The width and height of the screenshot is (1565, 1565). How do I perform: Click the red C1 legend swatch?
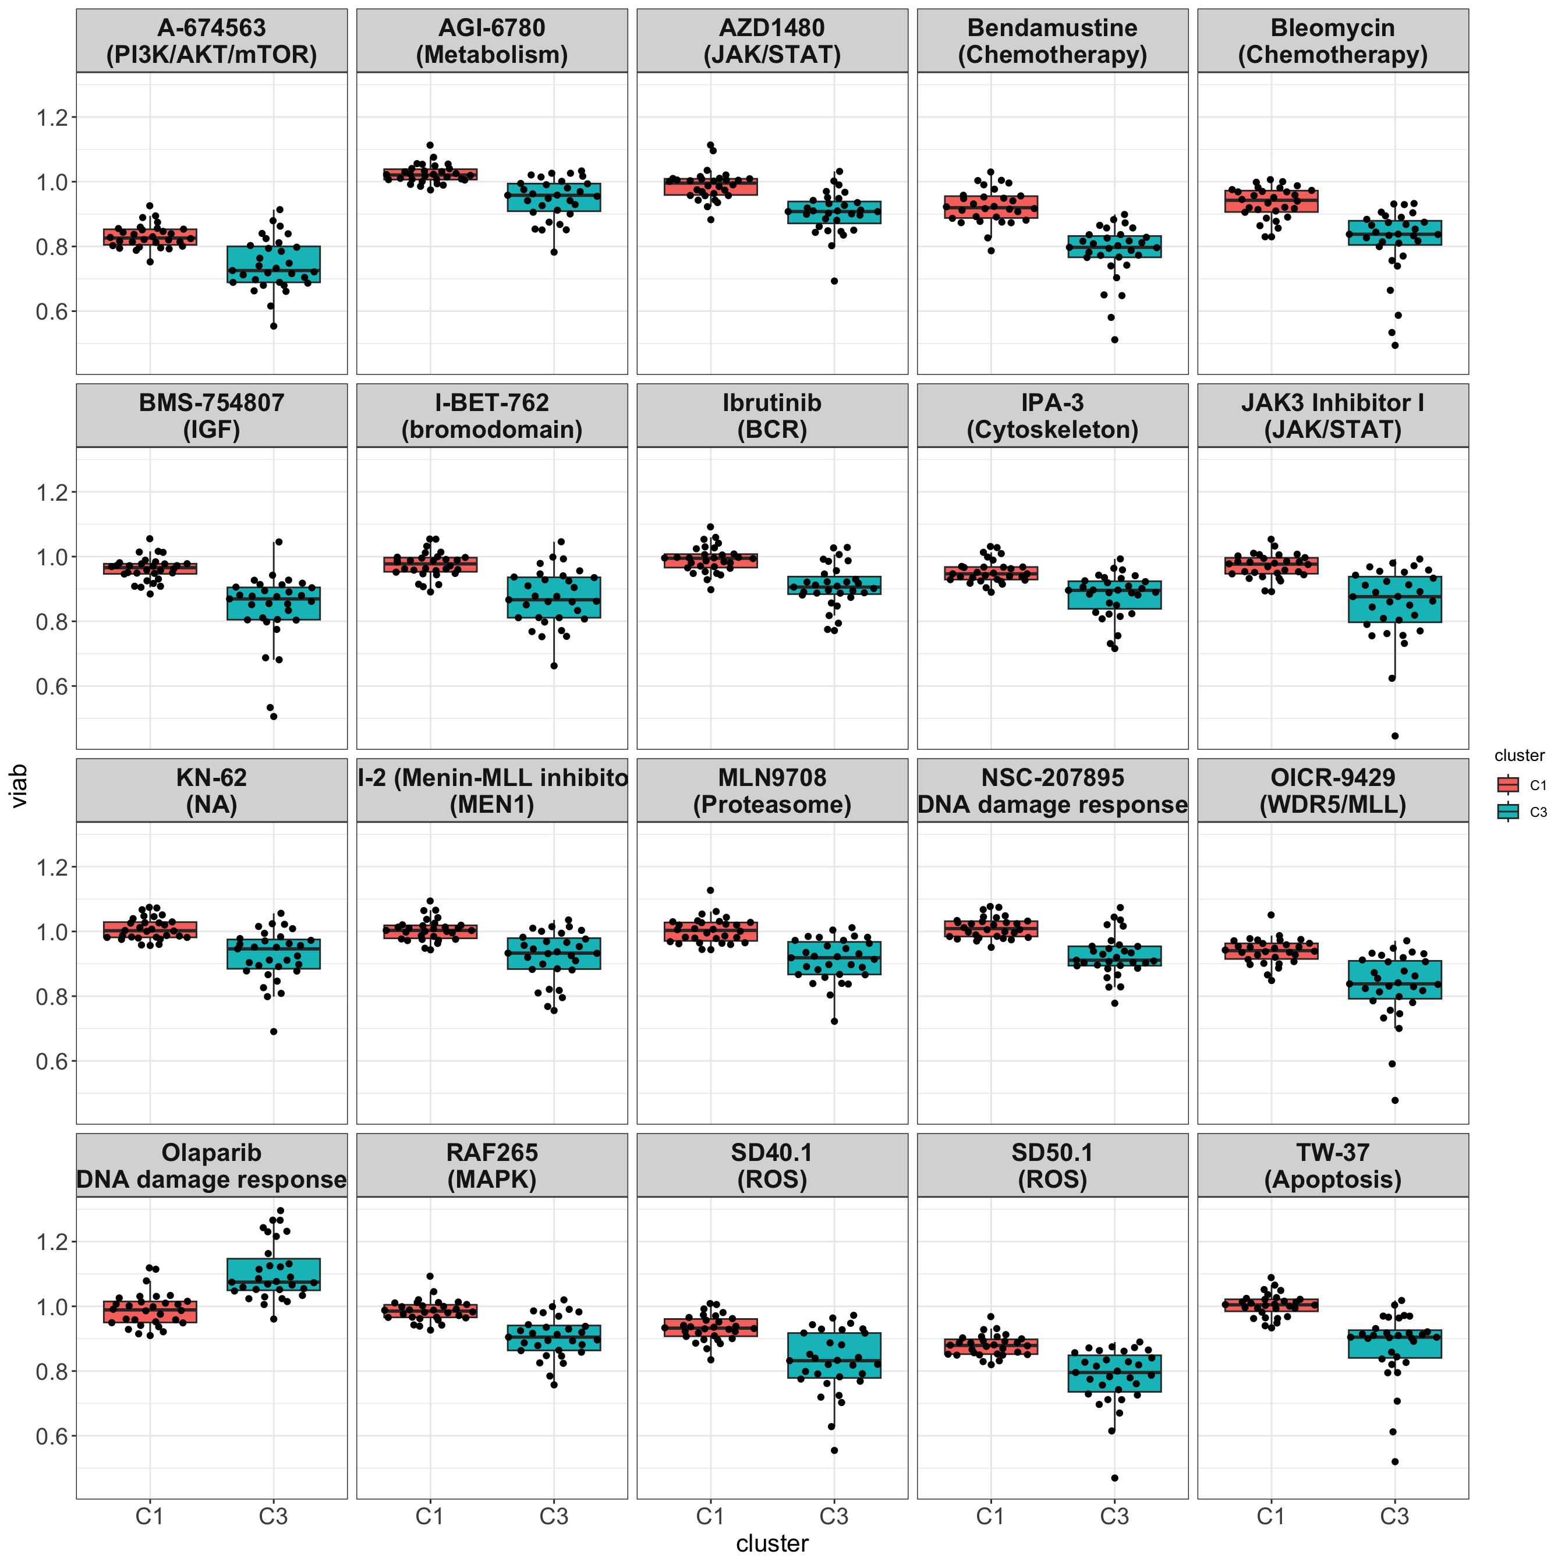pos(1507,784)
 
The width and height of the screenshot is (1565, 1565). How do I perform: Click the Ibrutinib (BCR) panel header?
pos(772,416)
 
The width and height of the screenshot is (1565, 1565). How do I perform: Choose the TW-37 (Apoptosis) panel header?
pos(1333,1165)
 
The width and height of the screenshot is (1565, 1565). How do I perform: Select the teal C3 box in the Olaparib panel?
pos(273,1273)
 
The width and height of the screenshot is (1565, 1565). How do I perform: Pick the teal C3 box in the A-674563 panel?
pos(273,264)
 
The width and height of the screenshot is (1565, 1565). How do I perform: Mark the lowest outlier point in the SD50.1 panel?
pos(1114,1478)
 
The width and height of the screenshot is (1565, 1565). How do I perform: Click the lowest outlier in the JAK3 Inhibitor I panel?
pos(1395,735)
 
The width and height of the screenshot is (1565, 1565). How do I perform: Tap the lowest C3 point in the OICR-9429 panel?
pos(1395,1100)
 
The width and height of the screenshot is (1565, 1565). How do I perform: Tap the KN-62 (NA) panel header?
pos(211,791)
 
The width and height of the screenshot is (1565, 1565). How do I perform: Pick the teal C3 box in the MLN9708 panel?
pos(834,958)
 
